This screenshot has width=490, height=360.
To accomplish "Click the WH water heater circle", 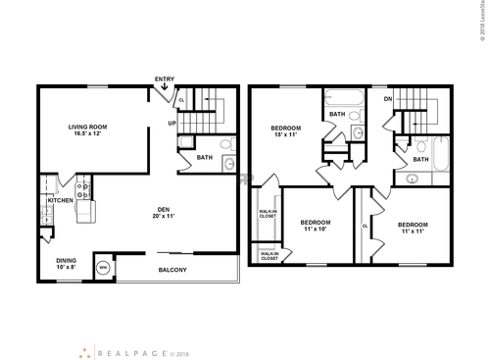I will coord(103,267).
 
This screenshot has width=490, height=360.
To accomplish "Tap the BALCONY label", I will coord(172,270).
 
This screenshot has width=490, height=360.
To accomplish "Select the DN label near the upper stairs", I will coord(387,99).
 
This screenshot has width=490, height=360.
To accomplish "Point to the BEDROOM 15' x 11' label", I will coord(286,132).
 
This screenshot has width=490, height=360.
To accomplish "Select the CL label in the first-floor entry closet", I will coord(181,100).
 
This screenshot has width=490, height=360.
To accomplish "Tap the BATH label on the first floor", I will coord(205,157).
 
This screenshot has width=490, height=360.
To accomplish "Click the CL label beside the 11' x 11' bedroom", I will coord(365,225).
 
